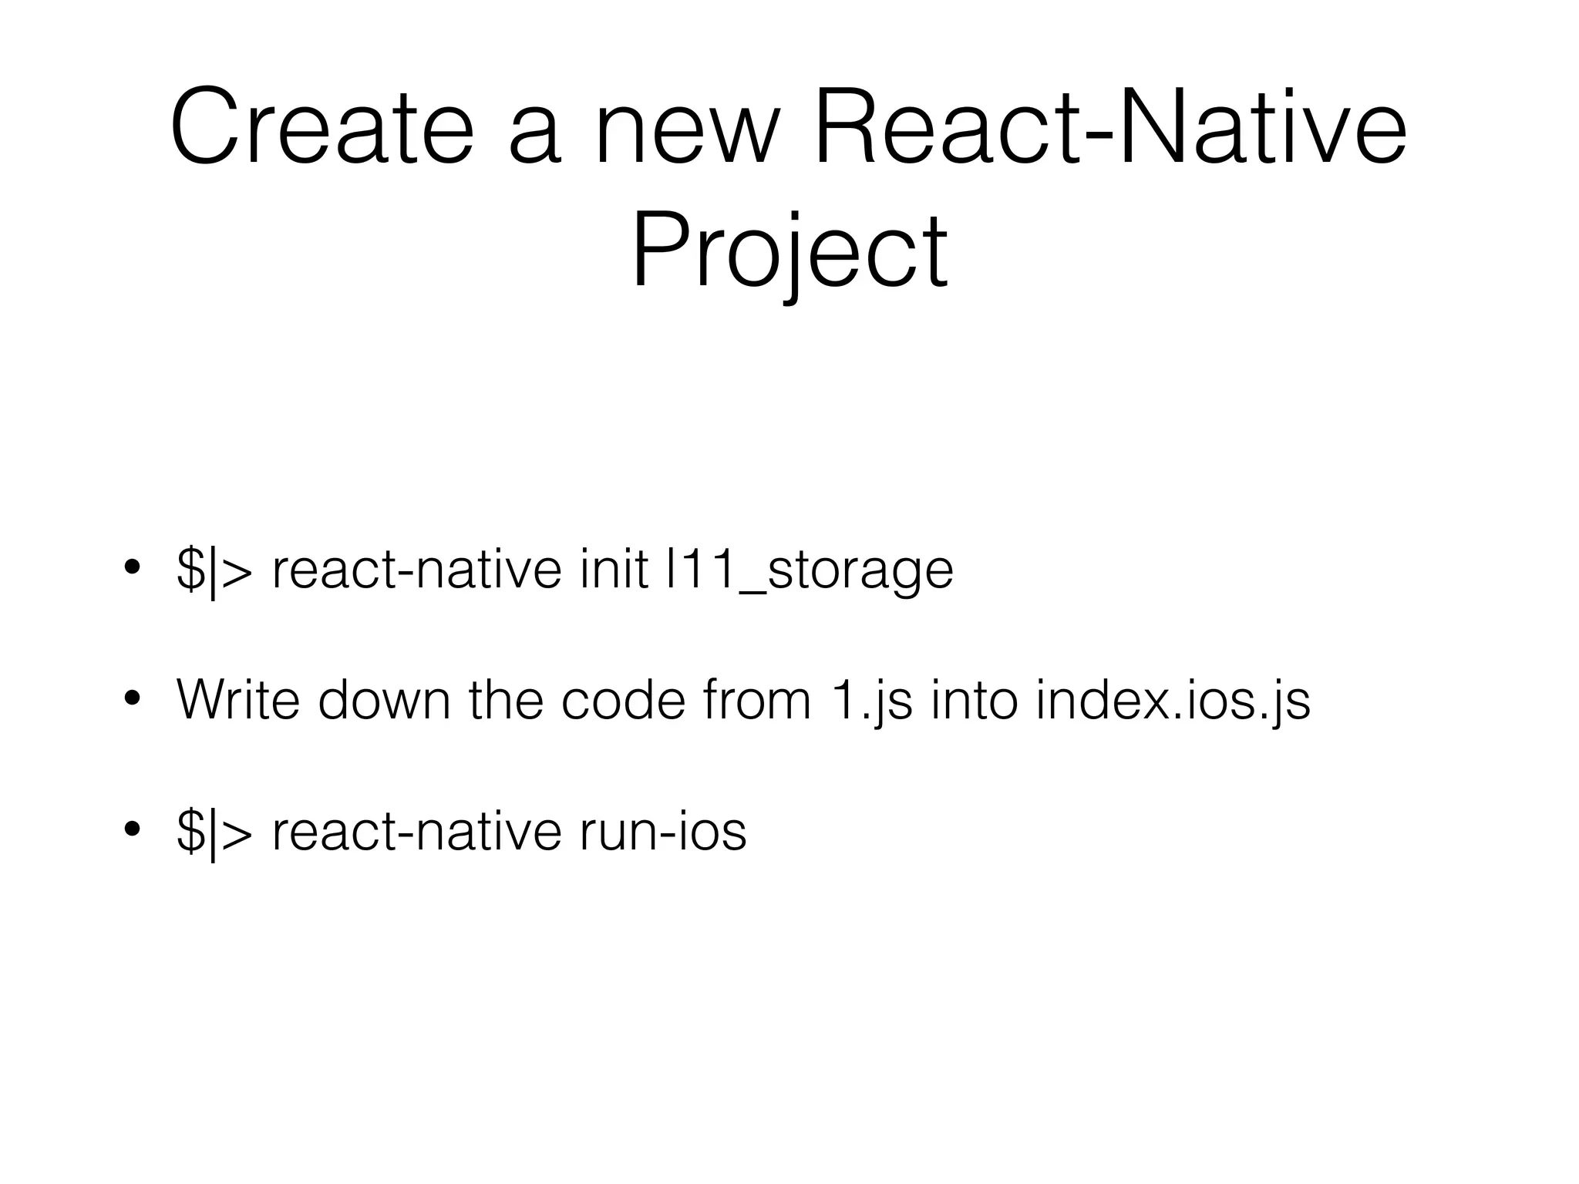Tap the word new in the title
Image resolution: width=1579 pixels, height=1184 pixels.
point(687,128)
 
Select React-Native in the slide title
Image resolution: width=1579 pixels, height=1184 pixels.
point(1109,128)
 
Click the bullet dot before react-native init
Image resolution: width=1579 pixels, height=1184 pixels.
point(132,568)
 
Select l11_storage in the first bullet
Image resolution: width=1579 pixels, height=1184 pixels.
point(809,570)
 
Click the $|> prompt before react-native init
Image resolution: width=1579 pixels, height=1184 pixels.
point(214,570)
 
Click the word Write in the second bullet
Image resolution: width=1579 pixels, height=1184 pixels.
point(237,700)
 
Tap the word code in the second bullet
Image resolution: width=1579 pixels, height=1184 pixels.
point(623,700)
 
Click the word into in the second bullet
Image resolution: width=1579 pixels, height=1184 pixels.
point(974,700)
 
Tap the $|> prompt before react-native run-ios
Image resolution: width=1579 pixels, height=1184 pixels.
point(214,832)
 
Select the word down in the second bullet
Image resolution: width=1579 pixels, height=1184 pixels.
point(384,700)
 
